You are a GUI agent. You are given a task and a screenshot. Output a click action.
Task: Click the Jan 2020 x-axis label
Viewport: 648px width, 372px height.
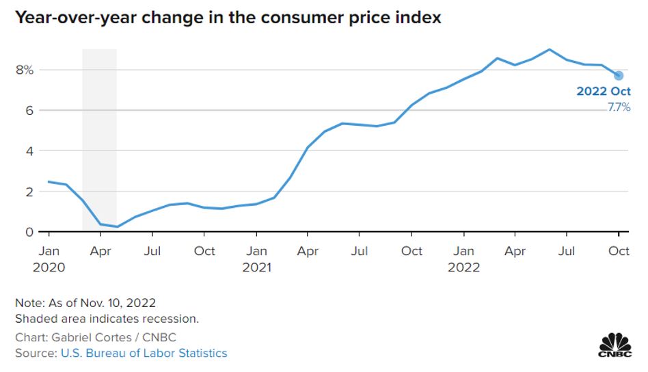click(49, 258)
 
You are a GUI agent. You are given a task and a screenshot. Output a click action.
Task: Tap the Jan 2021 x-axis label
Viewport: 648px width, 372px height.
click(256, 258)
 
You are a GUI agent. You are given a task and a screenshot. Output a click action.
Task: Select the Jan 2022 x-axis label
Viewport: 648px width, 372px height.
click(464, 258)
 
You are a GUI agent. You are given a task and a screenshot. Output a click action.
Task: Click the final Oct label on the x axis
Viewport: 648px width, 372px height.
click(619, 251)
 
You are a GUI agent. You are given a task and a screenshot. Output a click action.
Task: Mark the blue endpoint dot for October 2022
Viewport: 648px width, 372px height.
click(619, 75)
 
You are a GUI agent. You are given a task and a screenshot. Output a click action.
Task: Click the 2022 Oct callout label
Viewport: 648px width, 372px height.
click(604, 92)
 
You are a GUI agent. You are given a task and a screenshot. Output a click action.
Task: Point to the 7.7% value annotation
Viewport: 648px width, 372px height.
click(619, 107)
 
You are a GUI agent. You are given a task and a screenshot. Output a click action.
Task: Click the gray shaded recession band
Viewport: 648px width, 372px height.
click(100, 137)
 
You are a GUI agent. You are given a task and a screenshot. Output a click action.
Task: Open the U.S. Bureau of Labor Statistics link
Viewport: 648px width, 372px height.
click(144, 353)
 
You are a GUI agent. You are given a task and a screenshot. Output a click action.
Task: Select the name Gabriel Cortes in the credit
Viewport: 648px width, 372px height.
click(78, 337)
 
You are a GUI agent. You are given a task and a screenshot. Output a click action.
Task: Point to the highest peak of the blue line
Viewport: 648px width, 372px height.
click(549, 49)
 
